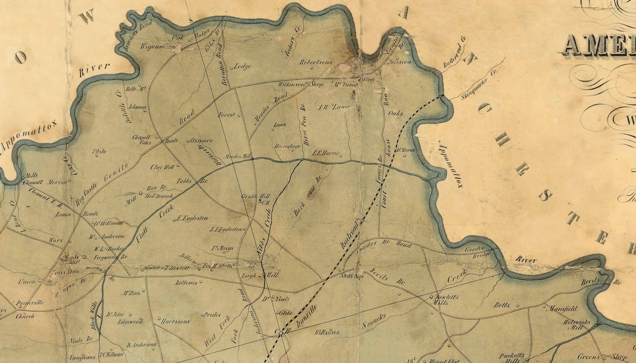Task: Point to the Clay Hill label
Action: [162, 167]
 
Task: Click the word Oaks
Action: [395, 113]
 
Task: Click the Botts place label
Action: [502, 305]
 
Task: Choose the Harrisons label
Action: [175, 322]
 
